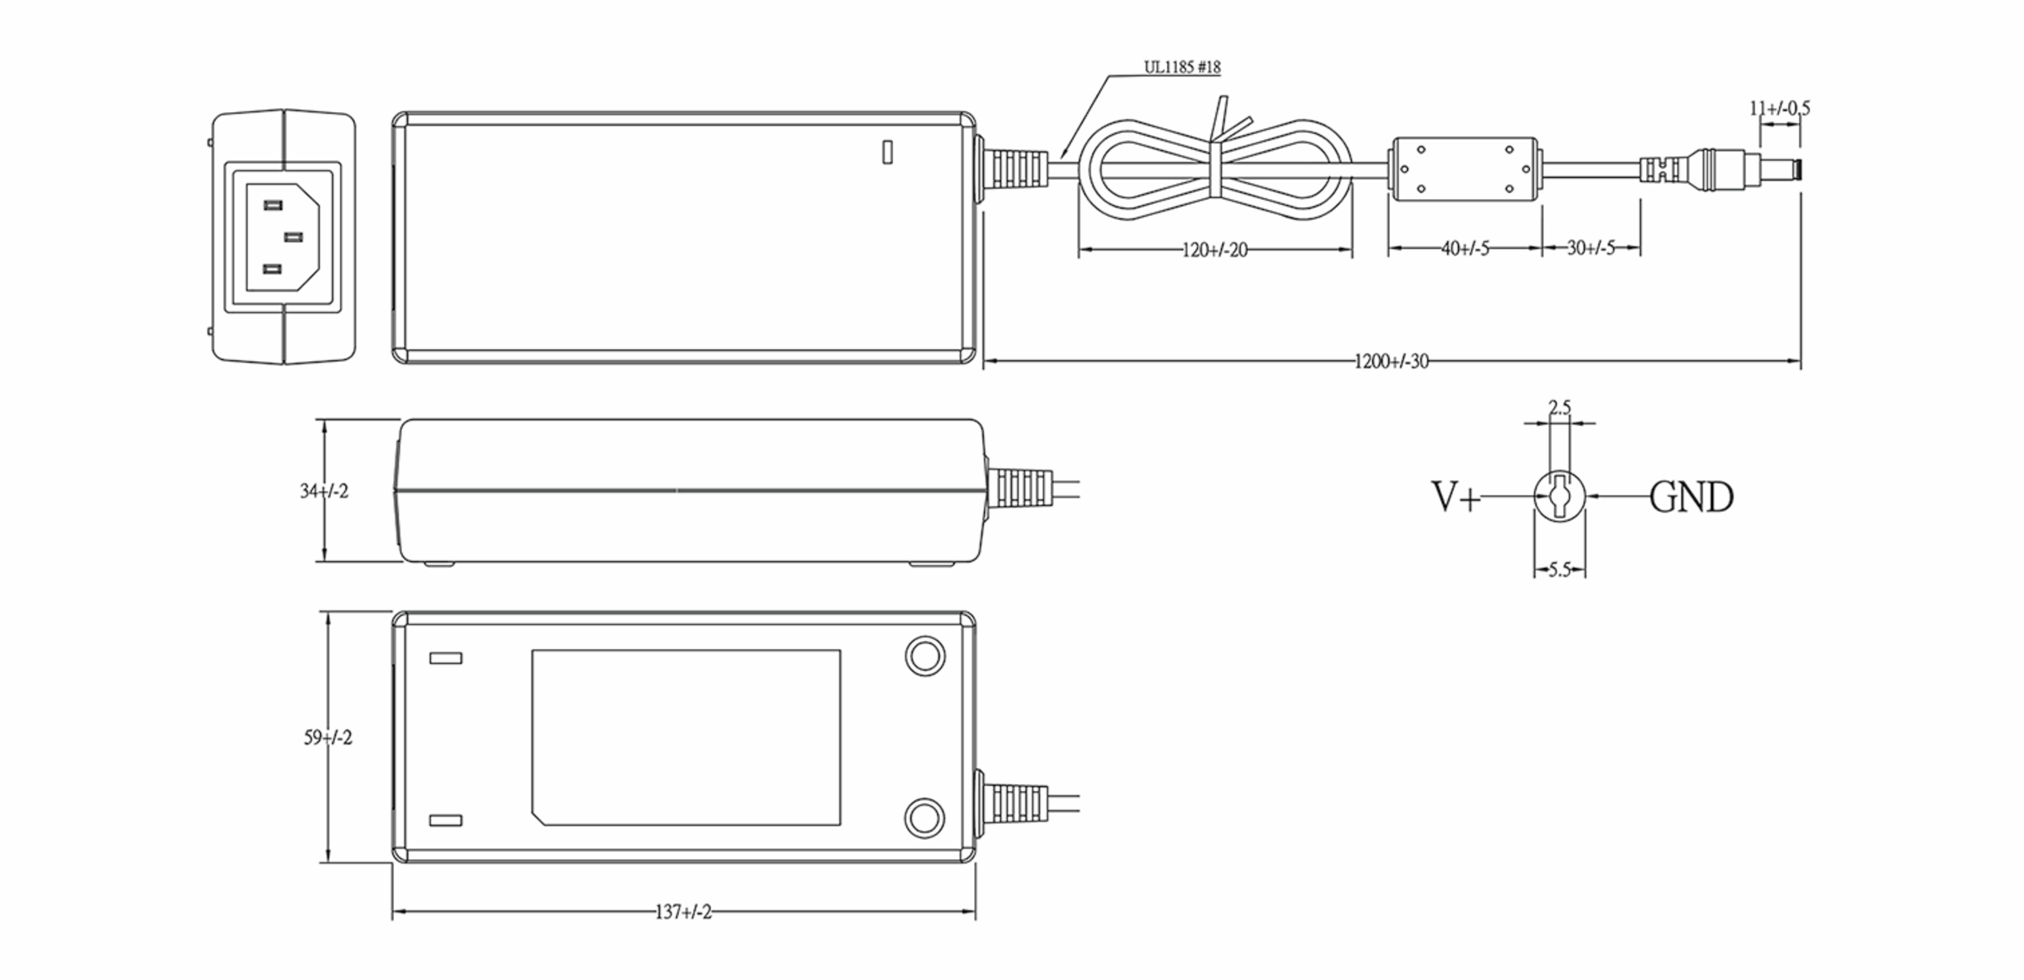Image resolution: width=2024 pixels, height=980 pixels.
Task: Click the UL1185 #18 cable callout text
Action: pos(1182,67)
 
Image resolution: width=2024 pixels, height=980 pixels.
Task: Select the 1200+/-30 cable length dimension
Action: pos(1391,362)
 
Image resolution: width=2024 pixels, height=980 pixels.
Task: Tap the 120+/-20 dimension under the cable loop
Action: pos(1214,250)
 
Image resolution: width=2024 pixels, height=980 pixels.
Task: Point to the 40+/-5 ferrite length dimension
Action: pos(1465,249)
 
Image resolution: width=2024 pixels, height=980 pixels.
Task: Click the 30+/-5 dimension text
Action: pos(1591,248)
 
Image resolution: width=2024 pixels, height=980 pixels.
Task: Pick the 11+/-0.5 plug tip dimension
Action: pos(1779,108)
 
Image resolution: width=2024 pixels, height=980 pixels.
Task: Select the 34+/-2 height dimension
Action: pos(324,491)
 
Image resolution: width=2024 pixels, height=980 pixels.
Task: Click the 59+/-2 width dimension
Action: pos(328,738)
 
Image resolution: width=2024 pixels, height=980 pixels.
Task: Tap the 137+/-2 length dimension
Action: pos(683,913)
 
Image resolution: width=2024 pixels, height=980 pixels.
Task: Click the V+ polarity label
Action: pos(1456,497)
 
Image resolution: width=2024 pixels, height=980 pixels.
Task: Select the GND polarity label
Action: pos(1691,498)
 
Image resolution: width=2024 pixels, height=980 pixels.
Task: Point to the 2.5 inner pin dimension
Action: pos(1560,408)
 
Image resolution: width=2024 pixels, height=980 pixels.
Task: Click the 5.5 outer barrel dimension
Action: pos(1559,570)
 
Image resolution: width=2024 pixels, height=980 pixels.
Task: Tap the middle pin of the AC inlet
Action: pos(293,238)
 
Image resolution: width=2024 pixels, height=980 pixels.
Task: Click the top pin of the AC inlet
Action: pos(272,206)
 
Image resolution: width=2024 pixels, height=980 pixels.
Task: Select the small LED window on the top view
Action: pos(887,152)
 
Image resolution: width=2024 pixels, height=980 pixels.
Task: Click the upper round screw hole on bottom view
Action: pos(924,656)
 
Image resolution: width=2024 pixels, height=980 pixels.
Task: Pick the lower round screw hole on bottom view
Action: pos(924,817)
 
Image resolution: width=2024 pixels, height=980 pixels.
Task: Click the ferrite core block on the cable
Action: pos(1464,170)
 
